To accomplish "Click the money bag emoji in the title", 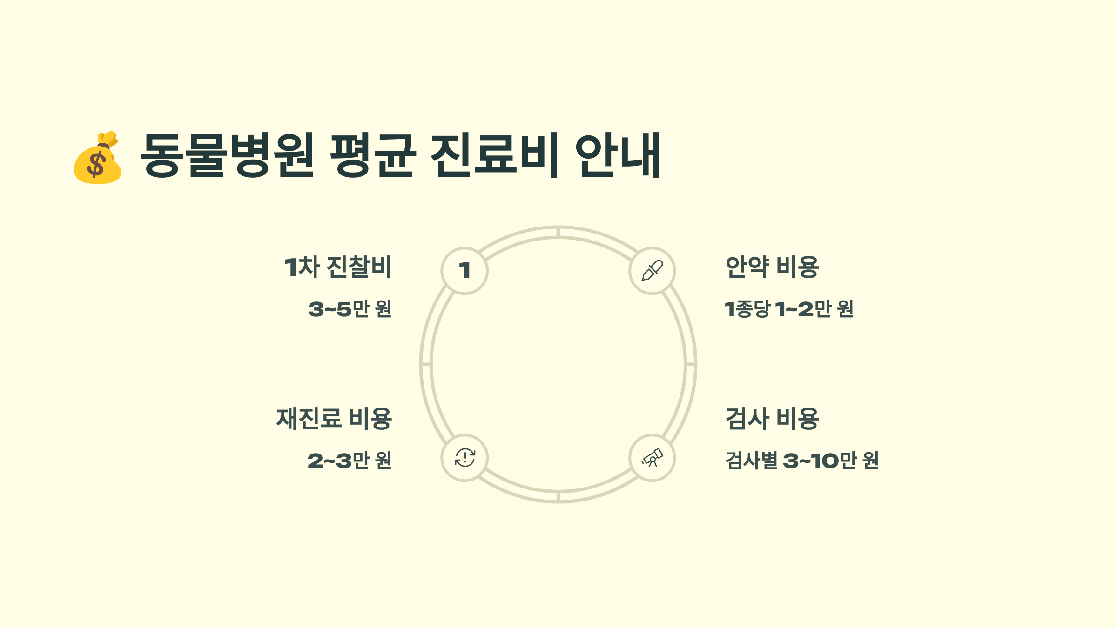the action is [98, 158].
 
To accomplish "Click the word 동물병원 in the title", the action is [228, 155].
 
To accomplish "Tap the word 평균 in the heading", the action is [372, 155].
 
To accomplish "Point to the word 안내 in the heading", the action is [618, 155].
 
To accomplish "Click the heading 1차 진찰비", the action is [338, 267].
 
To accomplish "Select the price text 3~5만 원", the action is [350, 309].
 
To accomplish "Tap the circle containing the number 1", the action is [464, 271].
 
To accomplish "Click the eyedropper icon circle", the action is [652, 271].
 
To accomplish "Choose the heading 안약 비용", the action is [772, 267].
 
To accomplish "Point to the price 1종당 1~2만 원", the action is [789, 309].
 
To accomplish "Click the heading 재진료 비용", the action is [334, 418].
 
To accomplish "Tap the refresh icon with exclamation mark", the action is [464, 458].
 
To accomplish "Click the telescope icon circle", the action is [652, 458].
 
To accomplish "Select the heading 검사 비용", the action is [772, 418].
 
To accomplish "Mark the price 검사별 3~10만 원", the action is [802, 461].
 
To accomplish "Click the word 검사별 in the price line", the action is [751, 461].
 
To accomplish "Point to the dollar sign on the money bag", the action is [97, 165].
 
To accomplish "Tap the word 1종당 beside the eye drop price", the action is [747, 309].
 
